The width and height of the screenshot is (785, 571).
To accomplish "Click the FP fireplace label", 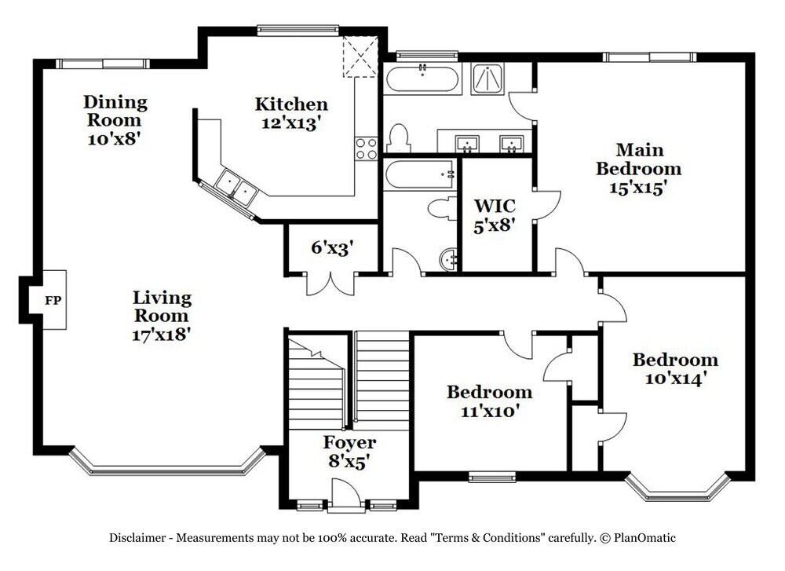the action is [53, 301].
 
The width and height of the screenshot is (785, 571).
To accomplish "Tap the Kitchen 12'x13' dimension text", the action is [291, 123].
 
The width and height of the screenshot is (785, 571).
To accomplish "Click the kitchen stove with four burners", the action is [366, 148].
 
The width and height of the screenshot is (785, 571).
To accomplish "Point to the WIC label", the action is [495, 206].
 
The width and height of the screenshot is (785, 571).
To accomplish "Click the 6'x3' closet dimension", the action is [332, 247].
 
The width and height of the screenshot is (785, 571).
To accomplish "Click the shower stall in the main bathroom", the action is [488, 79].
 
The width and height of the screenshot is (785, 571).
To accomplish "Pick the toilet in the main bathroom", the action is [399, 138].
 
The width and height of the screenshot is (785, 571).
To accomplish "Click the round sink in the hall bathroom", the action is [448, 259].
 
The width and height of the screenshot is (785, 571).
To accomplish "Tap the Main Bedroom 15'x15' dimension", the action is [639, 188].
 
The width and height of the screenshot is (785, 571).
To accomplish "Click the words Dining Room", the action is [115, 111].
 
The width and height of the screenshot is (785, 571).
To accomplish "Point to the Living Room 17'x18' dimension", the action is [161, 334].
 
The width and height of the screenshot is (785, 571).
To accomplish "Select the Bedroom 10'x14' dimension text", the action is [675, 378].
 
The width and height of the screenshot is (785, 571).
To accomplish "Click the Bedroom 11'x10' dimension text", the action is [490, 411].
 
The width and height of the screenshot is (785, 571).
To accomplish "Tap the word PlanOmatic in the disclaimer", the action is [644, 539].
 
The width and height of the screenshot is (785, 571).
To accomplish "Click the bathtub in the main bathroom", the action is [422, 79].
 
